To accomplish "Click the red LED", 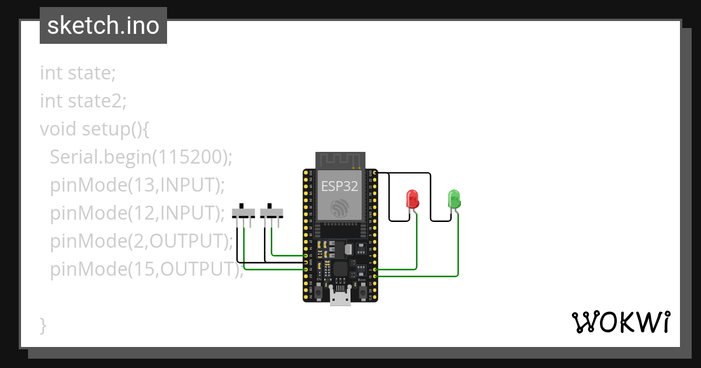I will (412, 199).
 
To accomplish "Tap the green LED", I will (454, 199).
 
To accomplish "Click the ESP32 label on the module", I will (340, 186).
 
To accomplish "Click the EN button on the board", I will (319, 291).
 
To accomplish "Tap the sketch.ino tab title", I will (103, 26).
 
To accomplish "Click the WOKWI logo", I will (621, 322).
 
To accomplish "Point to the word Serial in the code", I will (73, 157).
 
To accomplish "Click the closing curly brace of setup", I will (43, 325).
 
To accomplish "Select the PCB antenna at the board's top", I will (340, 159).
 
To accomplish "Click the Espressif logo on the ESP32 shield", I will (340, 207).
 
